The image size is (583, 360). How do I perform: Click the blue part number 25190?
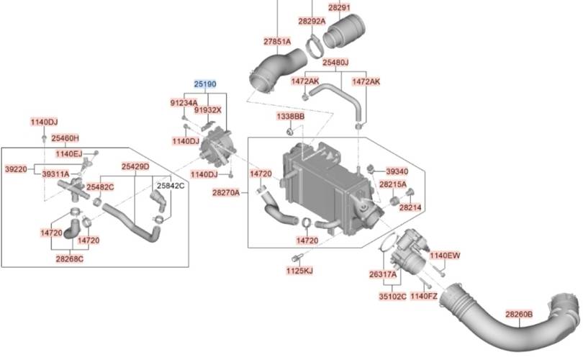[x=205, y=84]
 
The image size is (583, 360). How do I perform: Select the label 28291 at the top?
[x=339, y=7]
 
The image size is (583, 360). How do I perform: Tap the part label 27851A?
[x=277, y=42]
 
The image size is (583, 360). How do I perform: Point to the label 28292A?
[x=312, y=21]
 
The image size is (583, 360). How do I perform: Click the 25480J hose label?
[x=335, y=63]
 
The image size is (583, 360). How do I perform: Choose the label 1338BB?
[x=290, y=117]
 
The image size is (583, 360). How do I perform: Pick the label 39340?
[x=397, y=171]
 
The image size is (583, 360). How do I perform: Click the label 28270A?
[x=226, y=193]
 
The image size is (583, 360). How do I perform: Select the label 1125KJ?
[x=299, y=271]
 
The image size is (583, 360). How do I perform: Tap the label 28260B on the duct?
[x=519, y=314]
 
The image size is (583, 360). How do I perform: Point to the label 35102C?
[x=393, y=297]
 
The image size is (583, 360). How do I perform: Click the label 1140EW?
[x=445, y=256]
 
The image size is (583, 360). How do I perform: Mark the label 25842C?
[x=171, y=186]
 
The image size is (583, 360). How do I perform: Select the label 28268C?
[x=70, y=259]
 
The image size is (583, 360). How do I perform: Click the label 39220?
[x=16, y=169]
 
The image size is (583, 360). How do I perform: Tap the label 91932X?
[x=207, y=110]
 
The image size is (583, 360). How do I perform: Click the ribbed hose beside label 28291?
[x=344, y=31]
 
